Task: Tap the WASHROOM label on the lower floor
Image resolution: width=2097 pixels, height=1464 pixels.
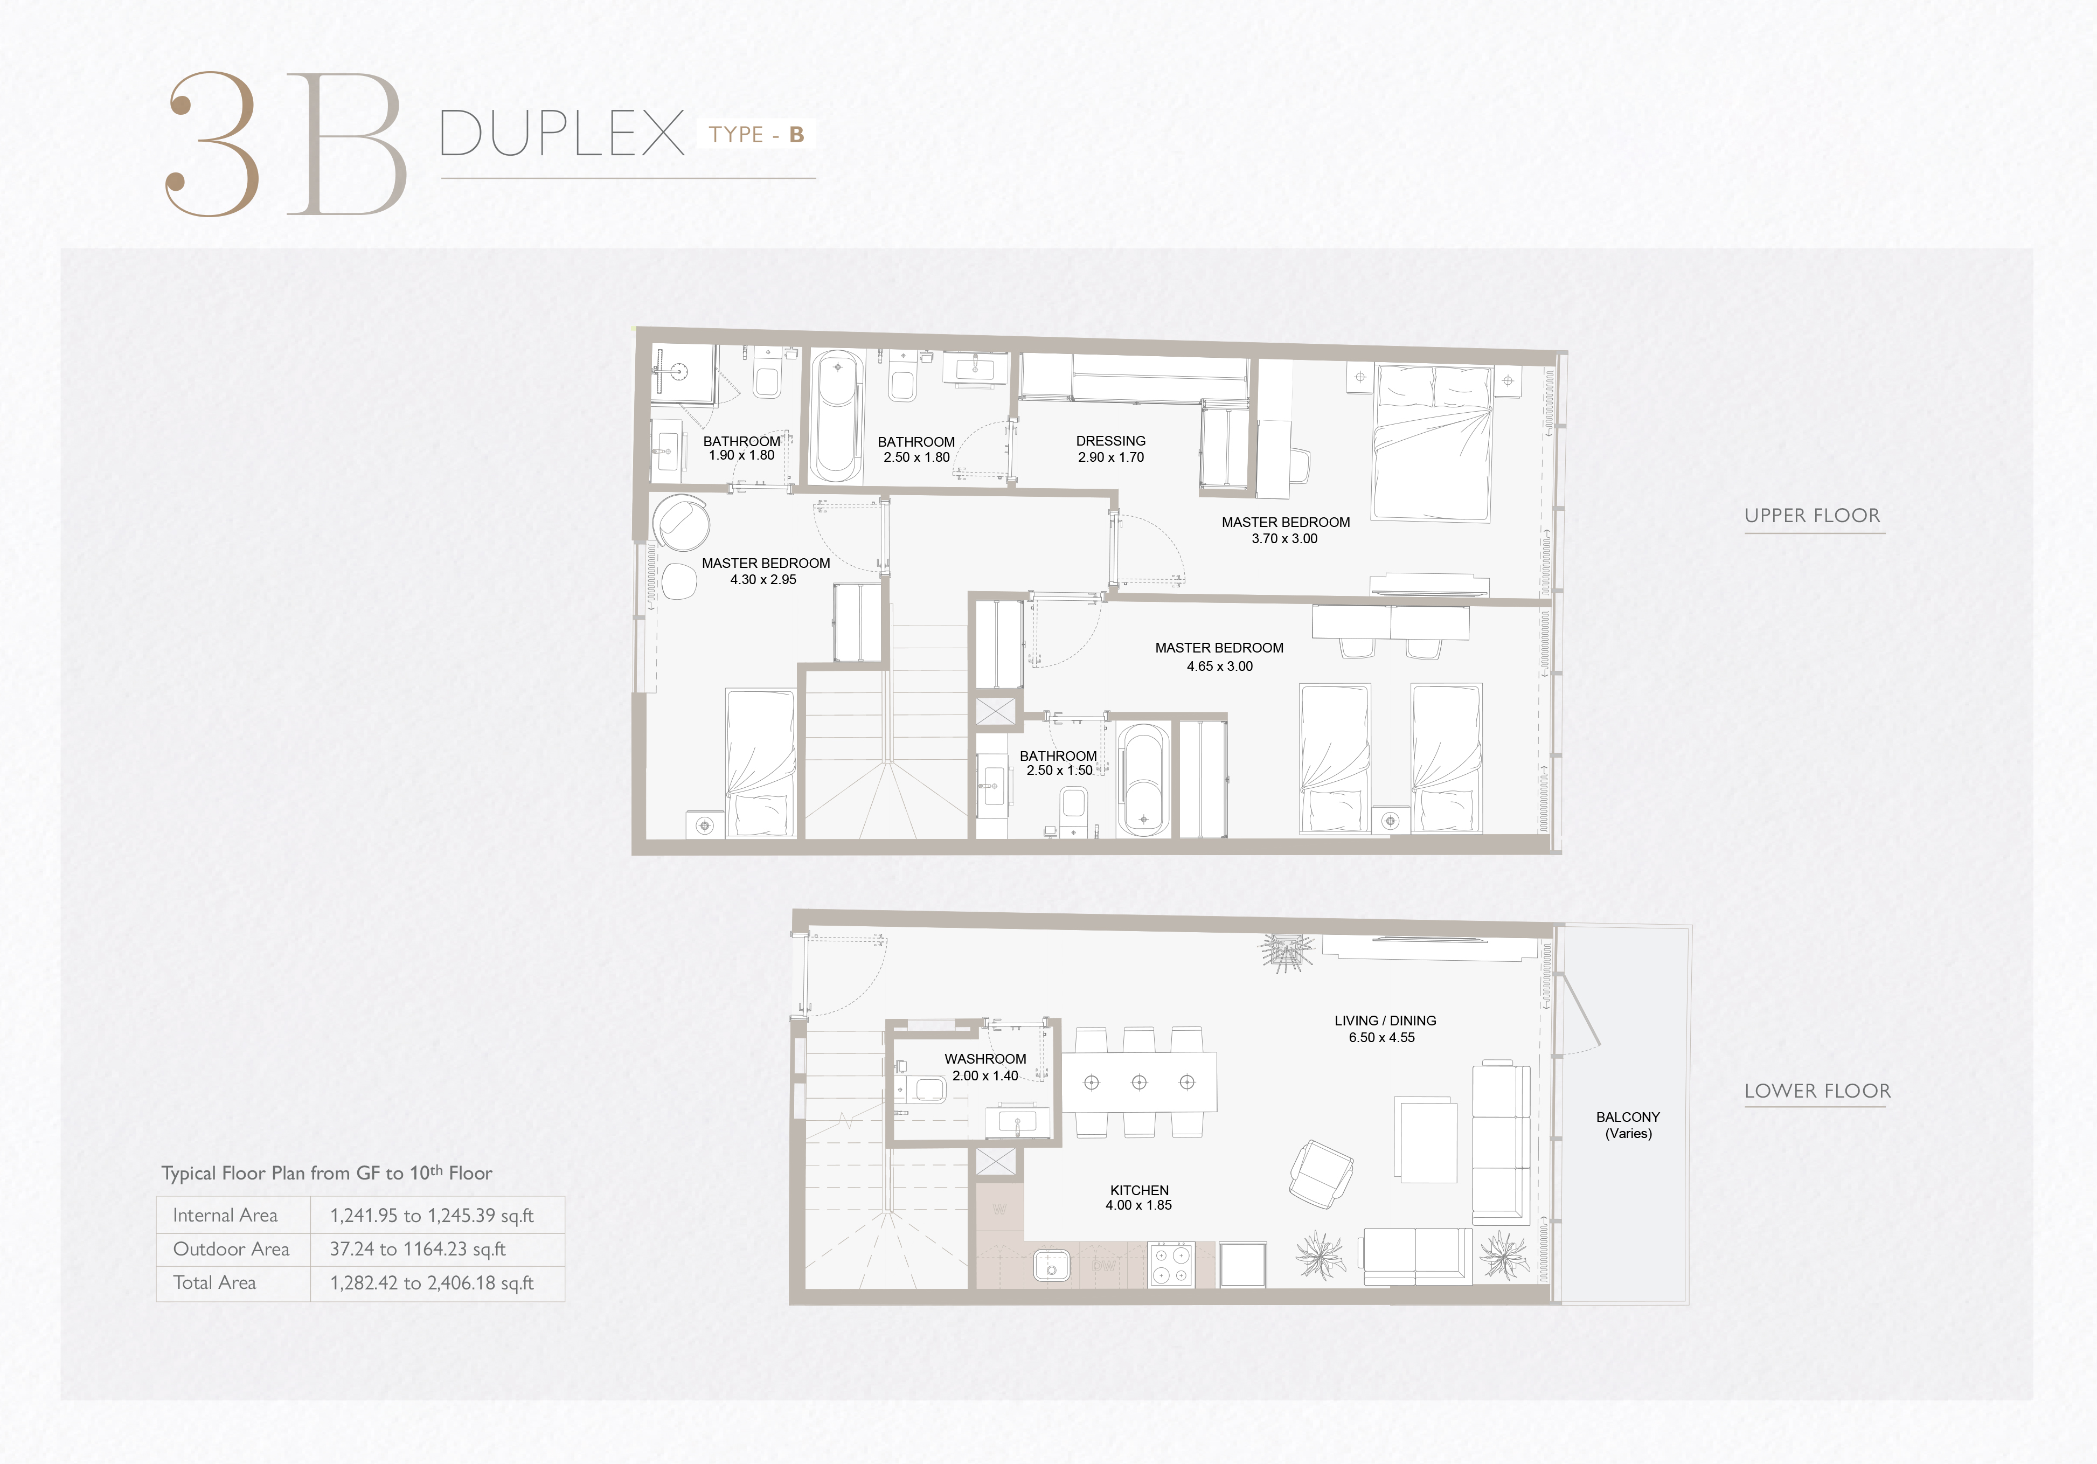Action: pyautogui.click(x=985, y=1058)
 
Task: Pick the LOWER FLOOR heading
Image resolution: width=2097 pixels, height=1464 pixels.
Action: pyautogui.click(x=1817, y=1091)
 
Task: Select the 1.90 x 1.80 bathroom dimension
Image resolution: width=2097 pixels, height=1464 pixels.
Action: pyautogui.click(x=741, y=455)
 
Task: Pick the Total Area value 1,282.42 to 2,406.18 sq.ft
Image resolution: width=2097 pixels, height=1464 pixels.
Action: pyautogui.click(x=432, y=1282)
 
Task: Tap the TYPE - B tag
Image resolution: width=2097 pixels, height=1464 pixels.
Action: pyautogui.click(x=756, y=134)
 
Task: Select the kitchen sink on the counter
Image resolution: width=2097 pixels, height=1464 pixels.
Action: pyautogui.click(x=1051, y=1266)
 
